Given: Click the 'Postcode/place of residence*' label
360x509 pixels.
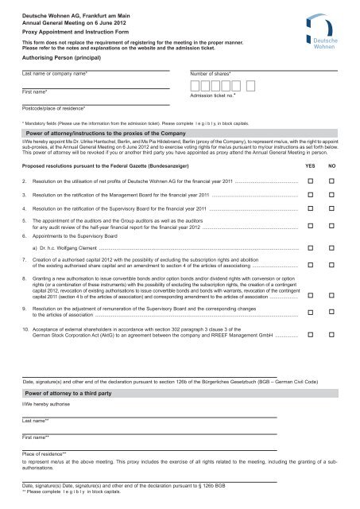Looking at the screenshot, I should click(x=55, y=107).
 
